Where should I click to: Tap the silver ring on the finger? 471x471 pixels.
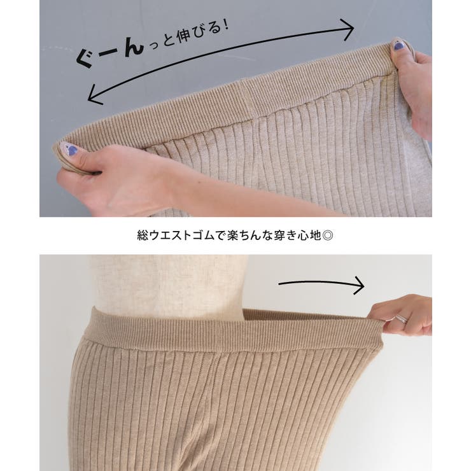[402, 320]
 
